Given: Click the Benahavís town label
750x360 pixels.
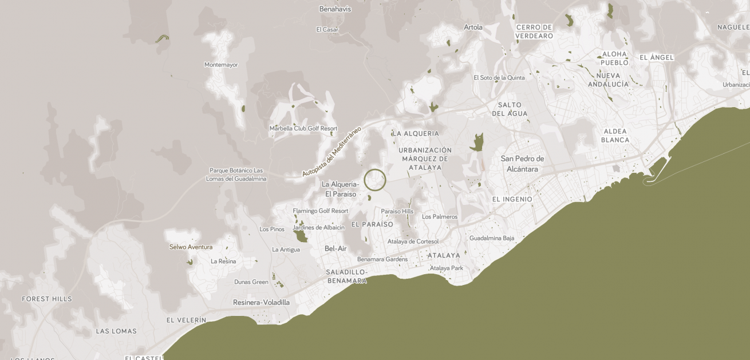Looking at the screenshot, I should [x=335, y=9].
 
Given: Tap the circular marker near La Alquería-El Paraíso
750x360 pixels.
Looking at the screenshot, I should [x=375, y=180].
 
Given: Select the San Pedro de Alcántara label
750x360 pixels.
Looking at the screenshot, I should [x=522, y=164].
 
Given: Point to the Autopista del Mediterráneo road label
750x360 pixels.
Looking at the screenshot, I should [x=332, y=151].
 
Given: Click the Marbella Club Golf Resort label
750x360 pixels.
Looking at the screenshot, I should [x=303, y=129].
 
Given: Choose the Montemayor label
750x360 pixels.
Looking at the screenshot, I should [x=221, y=65].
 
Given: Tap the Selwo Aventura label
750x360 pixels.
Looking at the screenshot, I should [x=191, y=247].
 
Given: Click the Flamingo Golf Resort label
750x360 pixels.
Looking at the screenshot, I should [x=321, y=211].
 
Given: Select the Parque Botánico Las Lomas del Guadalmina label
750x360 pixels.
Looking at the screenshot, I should [x=236, y=175].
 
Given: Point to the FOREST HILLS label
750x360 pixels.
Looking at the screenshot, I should [x=47, y=299].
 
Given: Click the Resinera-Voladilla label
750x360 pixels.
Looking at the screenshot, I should [x=261, y=302].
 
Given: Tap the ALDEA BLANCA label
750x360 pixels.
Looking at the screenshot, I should [x=615, y=136].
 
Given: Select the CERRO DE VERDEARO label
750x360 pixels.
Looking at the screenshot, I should [x=534, y=31].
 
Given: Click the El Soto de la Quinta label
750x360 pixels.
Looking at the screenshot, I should [x=499, y=78].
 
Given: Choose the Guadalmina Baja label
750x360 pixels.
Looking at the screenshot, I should [x=492, y=238].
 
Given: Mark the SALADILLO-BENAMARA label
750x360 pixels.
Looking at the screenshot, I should [x=347, y=276].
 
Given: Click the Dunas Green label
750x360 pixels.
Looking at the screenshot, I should [x=251, y=282].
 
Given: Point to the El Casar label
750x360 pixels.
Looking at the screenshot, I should [x=327, y=29].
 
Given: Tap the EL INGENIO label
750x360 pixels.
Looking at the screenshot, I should [x=512, y=199].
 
